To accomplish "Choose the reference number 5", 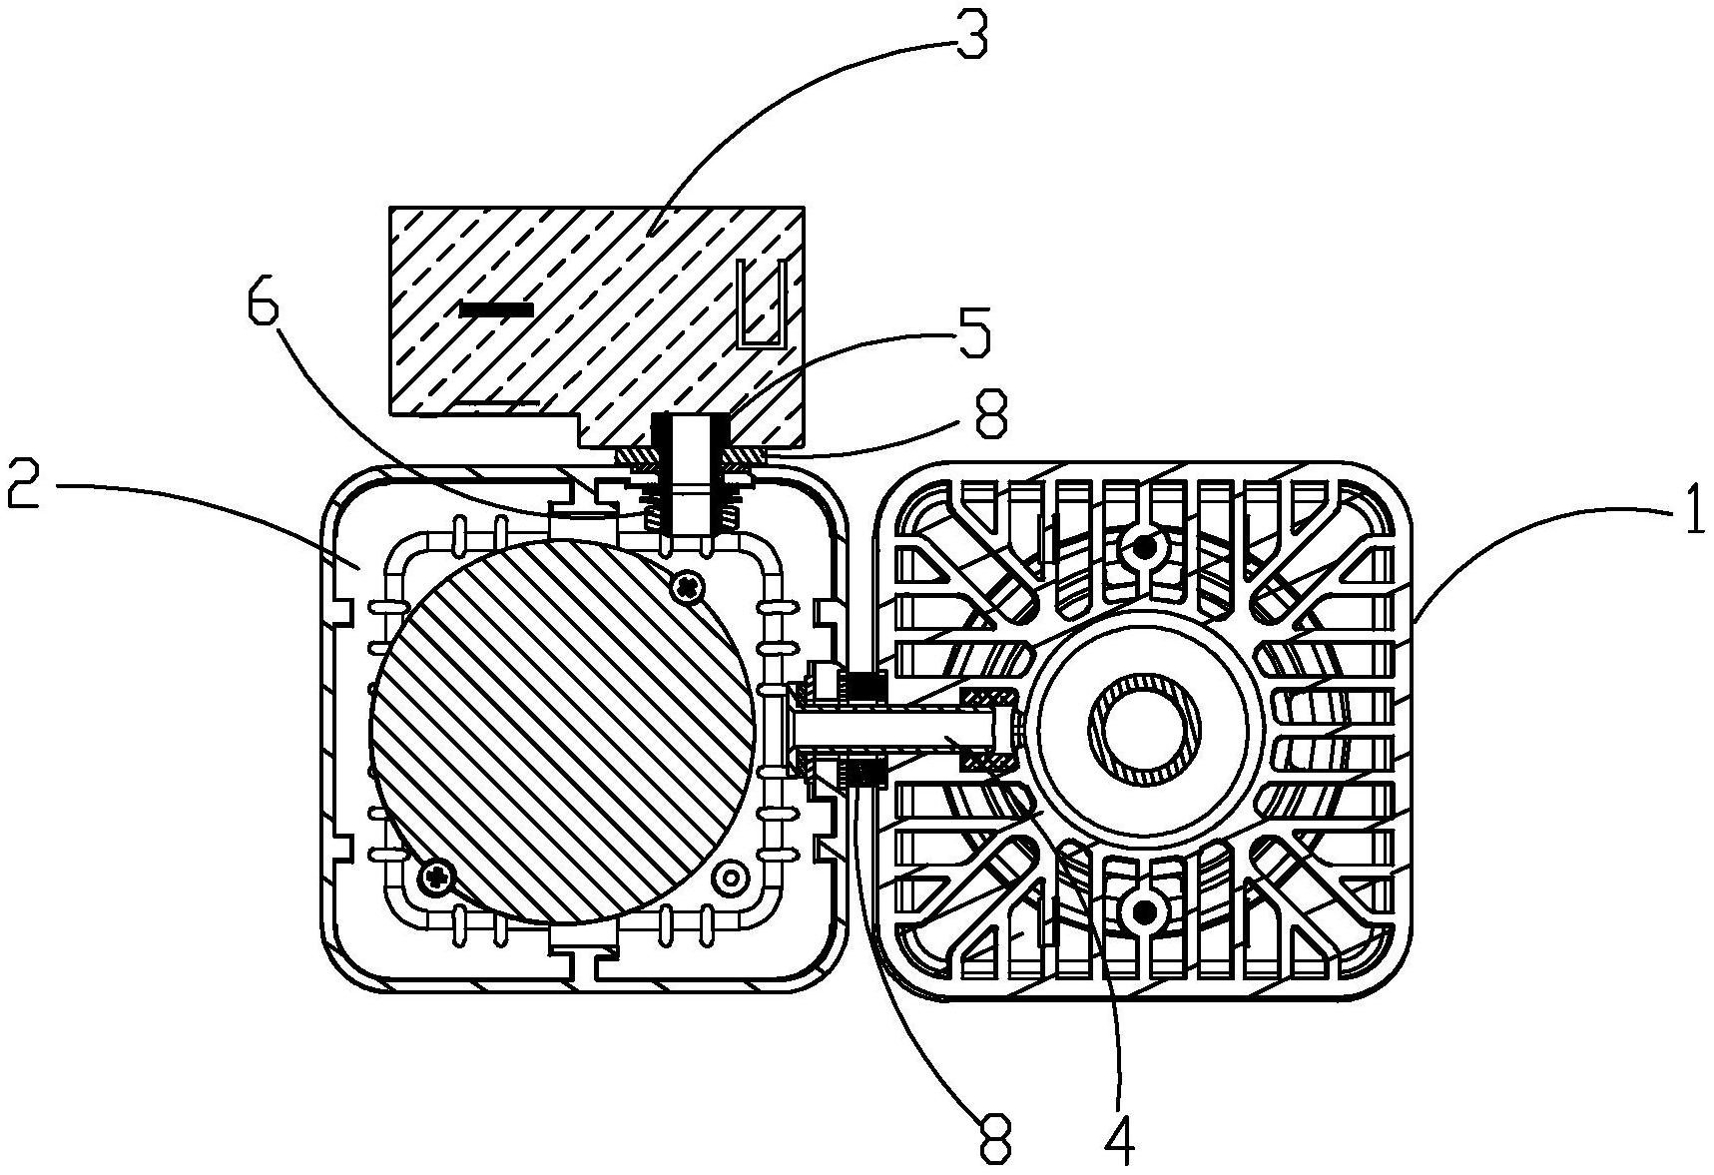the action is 972,333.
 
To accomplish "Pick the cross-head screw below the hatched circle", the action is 436,878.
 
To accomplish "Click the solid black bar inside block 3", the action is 496,309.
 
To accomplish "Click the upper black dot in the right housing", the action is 1146,546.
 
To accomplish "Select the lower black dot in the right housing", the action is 1146,911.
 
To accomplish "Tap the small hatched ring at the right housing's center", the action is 1146,729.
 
